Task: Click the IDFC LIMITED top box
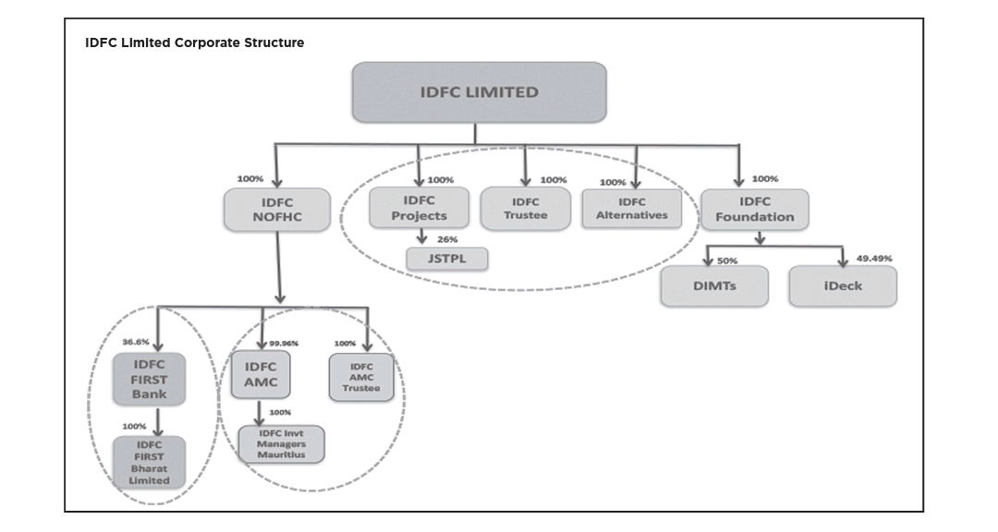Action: point(479,92)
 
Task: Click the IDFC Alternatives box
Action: point(632,209)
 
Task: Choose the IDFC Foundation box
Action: point(754,210)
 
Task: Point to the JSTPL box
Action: point(447,258)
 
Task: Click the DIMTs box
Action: point(713,285)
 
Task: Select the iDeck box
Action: point(842,285)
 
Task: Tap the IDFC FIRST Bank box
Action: point(149,379)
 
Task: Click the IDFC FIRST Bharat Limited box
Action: point(148,463)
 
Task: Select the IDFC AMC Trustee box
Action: point(361,378)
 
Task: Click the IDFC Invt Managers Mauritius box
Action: point(282,443)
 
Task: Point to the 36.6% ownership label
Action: point(136,342)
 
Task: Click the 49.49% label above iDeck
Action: point(874,259)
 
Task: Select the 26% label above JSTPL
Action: point(447,239)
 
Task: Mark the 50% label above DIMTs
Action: point(727,261)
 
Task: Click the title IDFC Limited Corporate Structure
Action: point(194,42)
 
